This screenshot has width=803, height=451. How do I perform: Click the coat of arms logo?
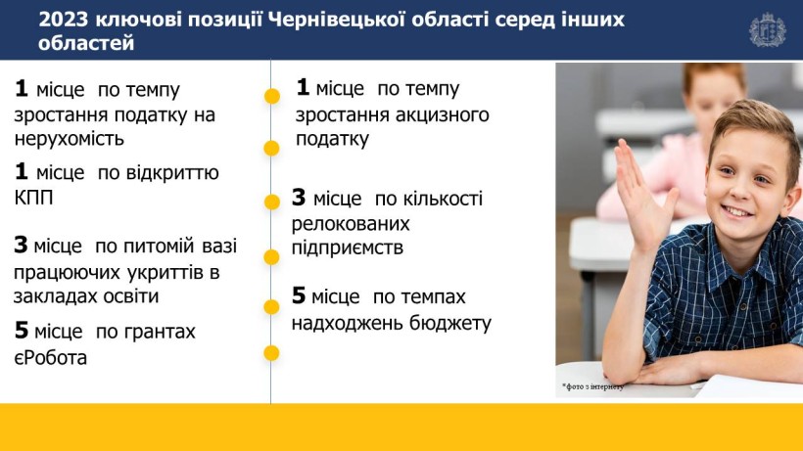[x=767, y=30]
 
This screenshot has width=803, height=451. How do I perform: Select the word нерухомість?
[x=70, y=139]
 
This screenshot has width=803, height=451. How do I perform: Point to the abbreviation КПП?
[x=34, y=198]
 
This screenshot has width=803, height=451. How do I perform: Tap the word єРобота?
[x=50, y=357]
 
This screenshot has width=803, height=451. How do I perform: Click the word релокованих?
[x=351, y=224]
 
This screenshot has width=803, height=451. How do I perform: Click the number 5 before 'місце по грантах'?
[x=22, y=331]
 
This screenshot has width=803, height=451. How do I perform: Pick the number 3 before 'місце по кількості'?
[x=299, y=198]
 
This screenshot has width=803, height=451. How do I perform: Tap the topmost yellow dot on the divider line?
[x=272, y=96]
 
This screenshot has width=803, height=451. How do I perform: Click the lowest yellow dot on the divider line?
[x=271, y=353]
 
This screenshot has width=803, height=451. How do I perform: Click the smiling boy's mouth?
[x=736, y=211]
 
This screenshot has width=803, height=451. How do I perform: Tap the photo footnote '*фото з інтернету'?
[x=593, y=387]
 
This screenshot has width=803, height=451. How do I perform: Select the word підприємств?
[x=348, y=248]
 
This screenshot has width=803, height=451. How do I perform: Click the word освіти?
[x=128, y=296]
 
